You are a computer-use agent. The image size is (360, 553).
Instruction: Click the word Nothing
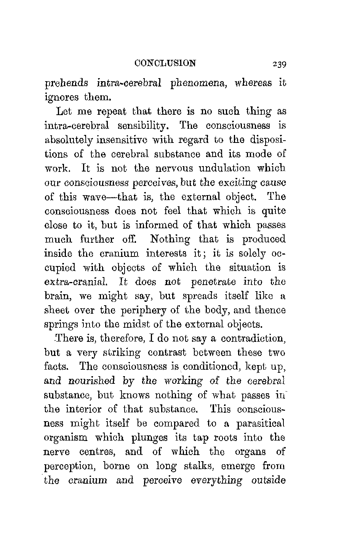pos(170,239)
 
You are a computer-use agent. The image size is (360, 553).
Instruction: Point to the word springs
pos(60,325)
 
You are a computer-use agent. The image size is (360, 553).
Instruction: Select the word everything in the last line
pos(215,480)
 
